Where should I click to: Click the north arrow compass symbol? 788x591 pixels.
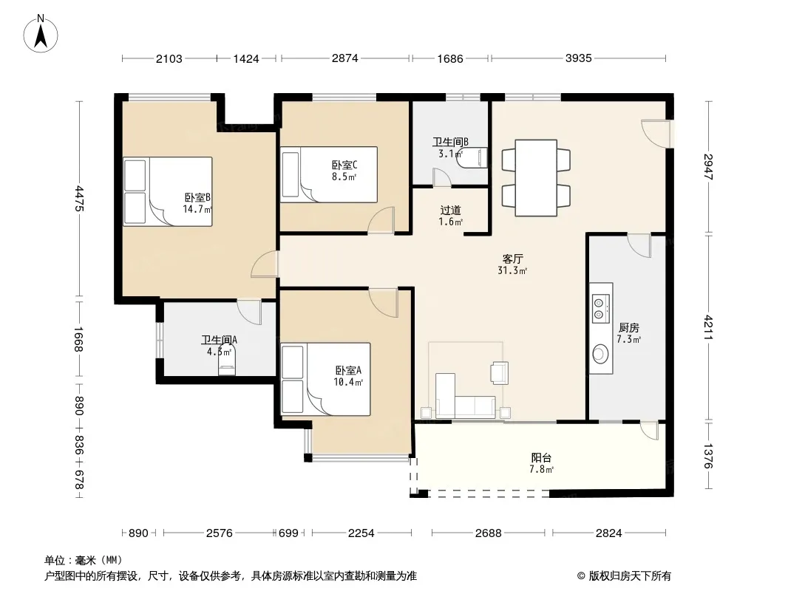(x=41, y=34)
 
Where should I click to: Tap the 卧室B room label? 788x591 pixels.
(x=197, y=203)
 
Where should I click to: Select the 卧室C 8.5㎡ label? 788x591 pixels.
(x=344, y=170)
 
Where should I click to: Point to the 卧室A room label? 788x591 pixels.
(x=348, y=375)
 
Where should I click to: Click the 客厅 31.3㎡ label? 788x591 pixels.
(x=512, y=264)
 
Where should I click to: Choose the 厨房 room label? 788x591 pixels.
(x=628, y=333)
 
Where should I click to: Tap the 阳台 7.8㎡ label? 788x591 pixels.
(x=541, y=463)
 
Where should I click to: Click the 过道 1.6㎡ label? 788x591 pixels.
(x=450, y=216)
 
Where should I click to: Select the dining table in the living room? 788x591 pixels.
(x=536, y=178)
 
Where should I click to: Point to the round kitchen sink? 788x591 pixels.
(x=600, y=354)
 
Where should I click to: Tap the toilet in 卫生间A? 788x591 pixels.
(x=227, y=361)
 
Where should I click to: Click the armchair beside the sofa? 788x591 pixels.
(x=499, y=372)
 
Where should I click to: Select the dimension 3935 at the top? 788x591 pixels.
(x=579, y=58)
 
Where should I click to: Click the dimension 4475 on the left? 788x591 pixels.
(x=79, y=198)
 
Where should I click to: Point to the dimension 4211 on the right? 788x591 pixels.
(x=708, y=327)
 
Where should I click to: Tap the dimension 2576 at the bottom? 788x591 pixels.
(x=220, y=533)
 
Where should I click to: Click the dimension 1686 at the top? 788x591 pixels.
(x=449, y=59)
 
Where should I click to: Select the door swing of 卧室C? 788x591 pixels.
(x=381, y=220)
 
